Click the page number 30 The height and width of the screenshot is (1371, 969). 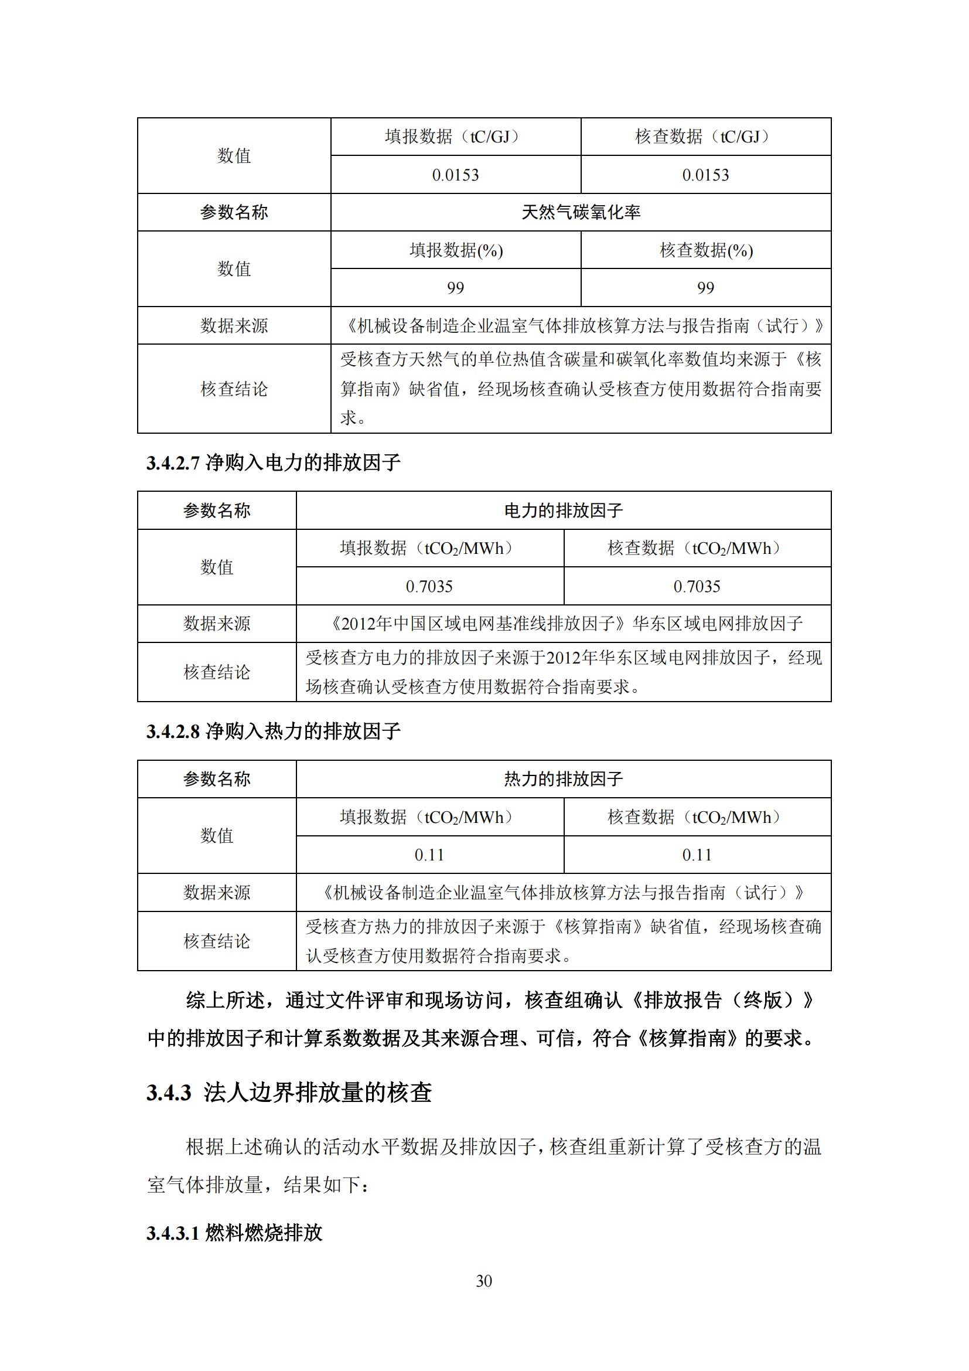click(484, 1281)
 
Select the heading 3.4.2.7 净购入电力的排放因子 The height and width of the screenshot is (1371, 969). click(273, 462)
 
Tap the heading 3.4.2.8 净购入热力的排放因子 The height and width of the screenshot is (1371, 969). click(273, 731)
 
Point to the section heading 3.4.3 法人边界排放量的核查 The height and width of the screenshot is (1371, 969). click(289, 1092)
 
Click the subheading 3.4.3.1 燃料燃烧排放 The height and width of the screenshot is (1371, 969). click(234, 1233)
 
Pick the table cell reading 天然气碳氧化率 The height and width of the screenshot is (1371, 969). click(581, 212)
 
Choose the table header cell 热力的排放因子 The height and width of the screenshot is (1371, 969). click(563, 778)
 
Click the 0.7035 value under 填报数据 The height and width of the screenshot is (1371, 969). click(429, 586)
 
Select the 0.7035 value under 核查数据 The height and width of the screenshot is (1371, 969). click(697, 586)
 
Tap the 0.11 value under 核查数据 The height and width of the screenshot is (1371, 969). click(697, 855)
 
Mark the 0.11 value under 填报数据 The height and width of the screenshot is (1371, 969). click(429, 855)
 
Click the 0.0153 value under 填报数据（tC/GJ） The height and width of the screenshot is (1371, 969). click(455, 175)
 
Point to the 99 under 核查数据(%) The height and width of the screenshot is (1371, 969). click(705, 288)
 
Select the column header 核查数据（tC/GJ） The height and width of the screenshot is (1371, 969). click(705, 137)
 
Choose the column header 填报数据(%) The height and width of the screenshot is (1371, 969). click(456, 250)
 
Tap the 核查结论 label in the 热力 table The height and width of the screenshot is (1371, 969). click(217, 941)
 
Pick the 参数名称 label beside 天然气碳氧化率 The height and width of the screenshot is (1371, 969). click(234, 212)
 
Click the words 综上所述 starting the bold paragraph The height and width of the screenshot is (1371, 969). click(225, 999)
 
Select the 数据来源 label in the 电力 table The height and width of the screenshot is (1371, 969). click(217, 624)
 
